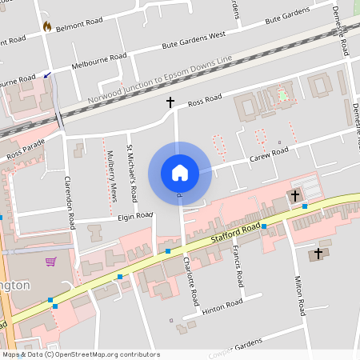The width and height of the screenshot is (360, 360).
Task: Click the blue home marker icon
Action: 180,173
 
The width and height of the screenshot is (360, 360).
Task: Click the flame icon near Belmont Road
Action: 47,26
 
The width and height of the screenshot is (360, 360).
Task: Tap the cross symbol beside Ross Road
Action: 170,102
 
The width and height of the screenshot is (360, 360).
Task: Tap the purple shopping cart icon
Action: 51,262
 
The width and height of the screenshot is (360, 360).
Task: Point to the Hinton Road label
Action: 222,304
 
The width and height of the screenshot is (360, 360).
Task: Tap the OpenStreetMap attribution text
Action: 81,354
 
